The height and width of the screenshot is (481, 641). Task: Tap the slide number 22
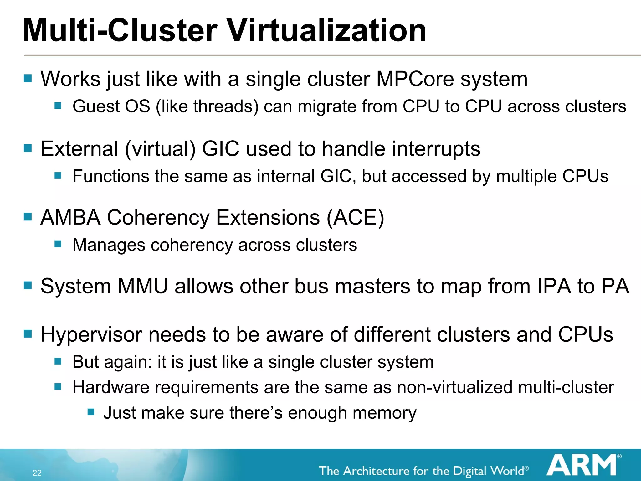(37, 473)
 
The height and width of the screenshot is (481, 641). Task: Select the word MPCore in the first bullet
(415, 79)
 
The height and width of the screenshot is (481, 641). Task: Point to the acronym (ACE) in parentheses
(355, 217)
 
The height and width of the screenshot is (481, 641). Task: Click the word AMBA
(71, 217)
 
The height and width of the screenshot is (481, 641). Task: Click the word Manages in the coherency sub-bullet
(109, 245)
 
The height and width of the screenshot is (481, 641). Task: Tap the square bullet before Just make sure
(91, 411)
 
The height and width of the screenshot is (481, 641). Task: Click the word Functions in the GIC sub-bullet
(111, 176)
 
